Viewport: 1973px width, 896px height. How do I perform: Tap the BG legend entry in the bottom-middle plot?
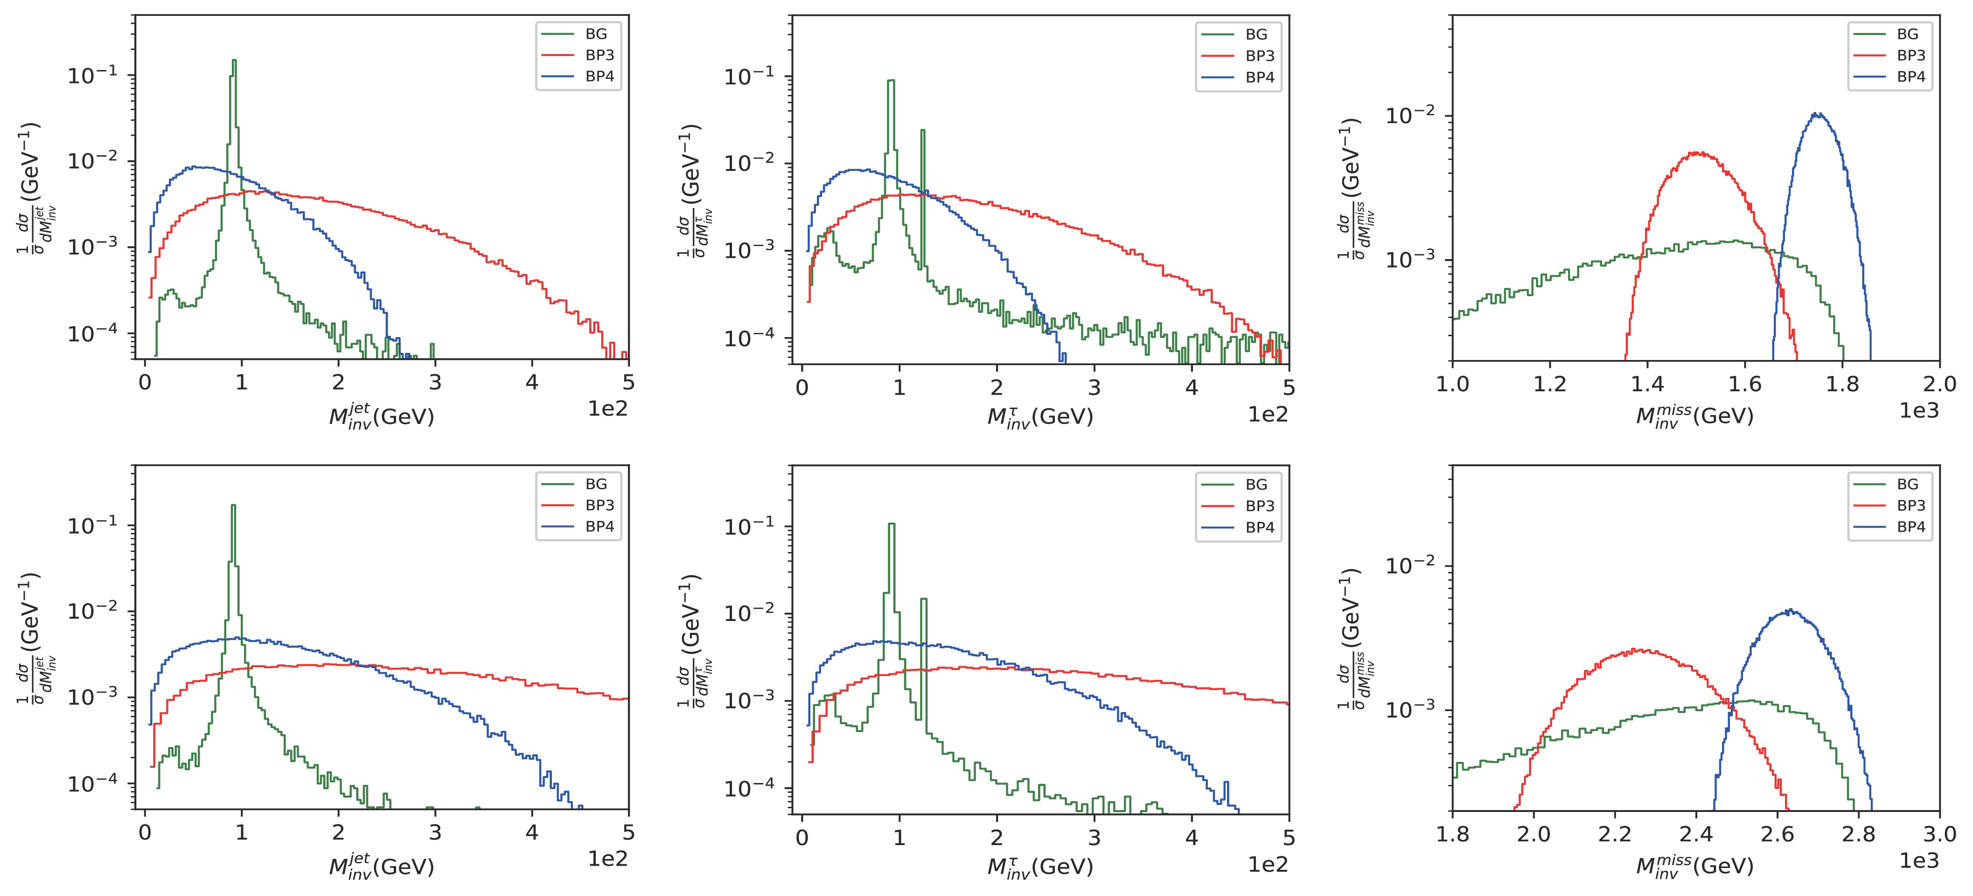(x=1256, y=484)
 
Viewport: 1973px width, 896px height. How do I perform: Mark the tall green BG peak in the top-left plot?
(x=234, y=61)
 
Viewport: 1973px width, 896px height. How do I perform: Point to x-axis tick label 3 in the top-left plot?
(x=435, y=382)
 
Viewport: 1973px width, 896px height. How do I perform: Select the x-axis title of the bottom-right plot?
(x=1694, y=866)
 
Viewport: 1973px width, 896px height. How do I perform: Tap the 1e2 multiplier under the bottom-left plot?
(x=607, y=859)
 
